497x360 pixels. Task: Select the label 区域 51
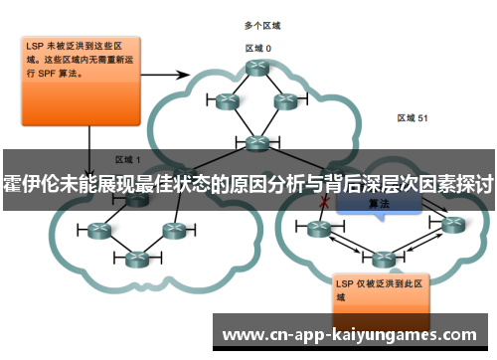[412, 117]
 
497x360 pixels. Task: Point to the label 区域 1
[128, 159]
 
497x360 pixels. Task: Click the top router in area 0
[258, 69]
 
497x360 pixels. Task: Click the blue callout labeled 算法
[378, 203]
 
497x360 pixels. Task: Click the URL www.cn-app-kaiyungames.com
[353, 335]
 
